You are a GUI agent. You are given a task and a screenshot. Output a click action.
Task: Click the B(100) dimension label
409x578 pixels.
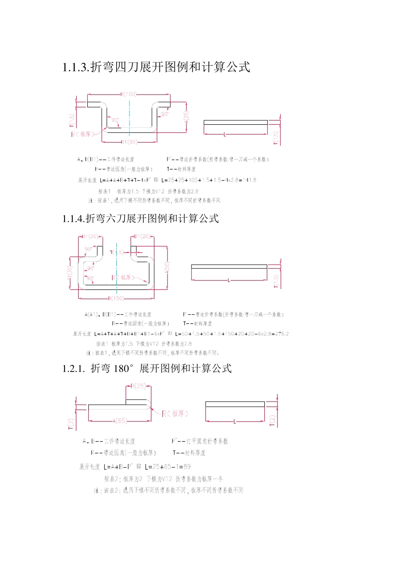pyautogui.click(x=128, y=94)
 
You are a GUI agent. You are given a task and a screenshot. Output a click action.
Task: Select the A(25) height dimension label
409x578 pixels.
pyautogui.click(x=186, y=117)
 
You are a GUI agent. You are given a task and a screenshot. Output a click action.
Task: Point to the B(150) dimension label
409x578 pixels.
pyautogui.click(x=116, y=298)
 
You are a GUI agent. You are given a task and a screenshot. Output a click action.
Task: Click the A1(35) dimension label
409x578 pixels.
pyautogui.click(x=70, y=272)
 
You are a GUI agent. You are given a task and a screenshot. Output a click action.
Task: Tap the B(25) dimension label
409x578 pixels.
pyautogui.click(x=138, y=386)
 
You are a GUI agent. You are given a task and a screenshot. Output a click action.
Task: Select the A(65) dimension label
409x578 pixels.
pyautogui.click(x=120, y=421)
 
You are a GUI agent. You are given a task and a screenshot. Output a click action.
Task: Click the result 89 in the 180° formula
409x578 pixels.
pyautogui.click(x=187, y=467)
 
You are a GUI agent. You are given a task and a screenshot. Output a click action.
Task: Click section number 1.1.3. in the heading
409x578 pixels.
pyautogui.click(x=76, y=68)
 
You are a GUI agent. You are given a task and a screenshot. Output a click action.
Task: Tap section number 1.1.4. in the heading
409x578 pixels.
pyautogui.click(x=74, y=219)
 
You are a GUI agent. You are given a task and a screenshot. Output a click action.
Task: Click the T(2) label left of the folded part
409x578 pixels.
pyautogui.click(x=71, y=424)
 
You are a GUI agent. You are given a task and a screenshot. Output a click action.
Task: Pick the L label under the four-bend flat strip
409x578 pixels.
pyautogui.click(x=225, y=135)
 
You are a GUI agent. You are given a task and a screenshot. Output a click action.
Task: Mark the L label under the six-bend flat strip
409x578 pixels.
pyautogui.click(x=229, y=280)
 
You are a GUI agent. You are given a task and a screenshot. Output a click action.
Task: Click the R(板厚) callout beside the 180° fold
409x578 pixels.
pyautogui.click(x=175, y=414)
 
